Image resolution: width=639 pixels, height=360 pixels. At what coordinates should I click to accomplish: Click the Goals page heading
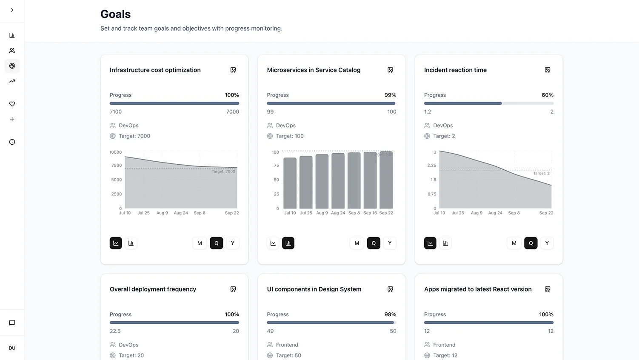click(115, 14)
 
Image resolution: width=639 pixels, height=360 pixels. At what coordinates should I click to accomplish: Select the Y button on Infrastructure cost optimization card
click(232, 243)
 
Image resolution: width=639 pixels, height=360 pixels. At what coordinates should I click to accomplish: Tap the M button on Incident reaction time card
click(514, 243)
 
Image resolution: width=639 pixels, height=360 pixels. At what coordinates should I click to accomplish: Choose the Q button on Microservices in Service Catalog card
click(374, 243)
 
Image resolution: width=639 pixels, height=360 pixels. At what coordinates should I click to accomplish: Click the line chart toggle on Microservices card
click(273, 243)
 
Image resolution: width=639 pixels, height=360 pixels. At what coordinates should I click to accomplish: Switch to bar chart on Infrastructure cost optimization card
click(131, 243)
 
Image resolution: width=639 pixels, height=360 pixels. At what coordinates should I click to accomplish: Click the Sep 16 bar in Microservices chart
click(370, 180)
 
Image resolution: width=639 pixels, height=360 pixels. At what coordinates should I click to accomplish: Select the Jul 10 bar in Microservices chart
click(290, 183)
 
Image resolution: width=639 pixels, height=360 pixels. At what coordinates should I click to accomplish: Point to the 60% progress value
click(547, 95)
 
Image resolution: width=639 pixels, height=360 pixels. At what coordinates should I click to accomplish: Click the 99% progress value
click(390, 95)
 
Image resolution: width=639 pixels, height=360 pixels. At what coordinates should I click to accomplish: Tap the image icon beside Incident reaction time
click(548, 70)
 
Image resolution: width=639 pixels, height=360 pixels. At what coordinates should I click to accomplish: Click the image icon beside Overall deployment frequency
click(233, 289)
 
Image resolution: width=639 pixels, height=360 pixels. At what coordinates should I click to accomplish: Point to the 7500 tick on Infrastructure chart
click(117, 165)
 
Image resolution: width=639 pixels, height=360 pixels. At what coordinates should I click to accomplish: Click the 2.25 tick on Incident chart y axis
click(431, 165)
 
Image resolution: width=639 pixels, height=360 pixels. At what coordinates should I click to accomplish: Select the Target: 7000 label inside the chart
click(223, 171)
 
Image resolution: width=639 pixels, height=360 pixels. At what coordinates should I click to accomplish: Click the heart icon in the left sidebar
click(12, 104)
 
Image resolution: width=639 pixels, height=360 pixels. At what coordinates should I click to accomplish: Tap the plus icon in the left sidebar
click(12, 119)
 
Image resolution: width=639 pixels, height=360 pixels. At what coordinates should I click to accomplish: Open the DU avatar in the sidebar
click(12, 348)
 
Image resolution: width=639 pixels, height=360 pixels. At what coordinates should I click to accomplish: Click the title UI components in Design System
click(314, 289)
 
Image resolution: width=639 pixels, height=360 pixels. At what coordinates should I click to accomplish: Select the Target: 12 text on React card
click(445, 355)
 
